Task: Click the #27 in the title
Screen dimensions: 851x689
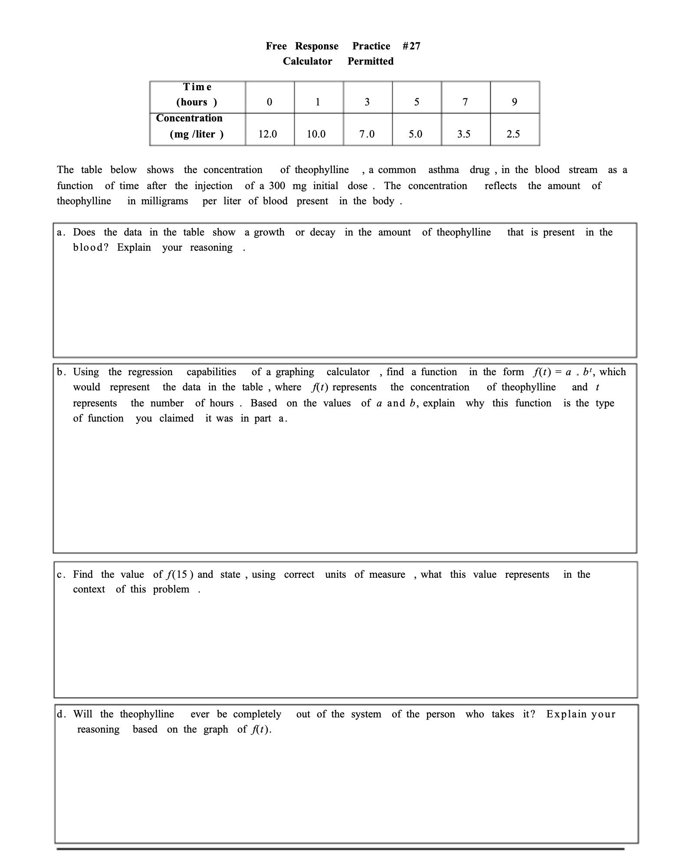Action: pyautogui.click(x=411, y=46)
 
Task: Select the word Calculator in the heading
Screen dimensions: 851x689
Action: pyautogui.click(x=307, y=61)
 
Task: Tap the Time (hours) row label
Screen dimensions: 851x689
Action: pyautogui.click(x=197, y=95)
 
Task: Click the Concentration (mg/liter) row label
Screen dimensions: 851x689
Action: pyautogui.click(x=190, y=126)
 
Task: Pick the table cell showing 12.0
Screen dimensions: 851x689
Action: pyautogui.click(x=268, y=134)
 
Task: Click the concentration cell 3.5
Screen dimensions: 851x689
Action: pyautogui.click(x=464, y=134)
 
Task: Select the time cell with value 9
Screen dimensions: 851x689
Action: pyautogui.click(x=515, y=102)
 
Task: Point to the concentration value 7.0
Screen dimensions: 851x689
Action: pyautogui.click(x=367, y=134)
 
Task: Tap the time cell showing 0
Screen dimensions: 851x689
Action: pyautogui.click(x=269, y=102)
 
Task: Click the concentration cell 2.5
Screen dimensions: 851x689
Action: pyautogui.click(x=513, y=134)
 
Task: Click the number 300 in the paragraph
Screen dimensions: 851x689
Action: pyautogui.click(x=277, y=186)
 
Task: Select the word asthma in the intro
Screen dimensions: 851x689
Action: pyautogui.click(x=443, y=170)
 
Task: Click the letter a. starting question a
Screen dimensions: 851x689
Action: pyautogui.click(x=61, y=232)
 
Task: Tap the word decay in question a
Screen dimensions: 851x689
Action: pyautogui.click(x=322, y=232)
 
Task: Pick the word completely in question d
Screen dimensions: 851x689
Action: pyautogui.click(x=257, y=714)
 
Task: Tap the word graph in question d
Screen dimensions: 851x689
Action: pyautogui.click(x=216, y=730)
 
